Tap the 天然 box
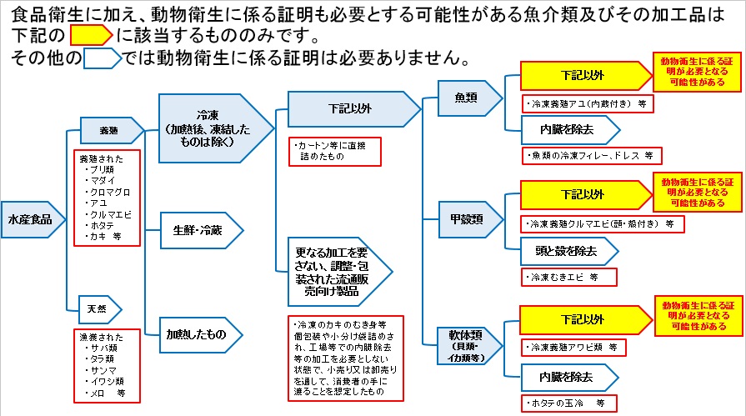(x=98, y=308)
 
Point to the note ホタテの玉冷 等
(x=565, y=403)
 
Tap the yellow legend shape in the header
(x=89, y=36)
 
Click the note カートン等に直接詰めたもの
(x=333, y=150)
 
